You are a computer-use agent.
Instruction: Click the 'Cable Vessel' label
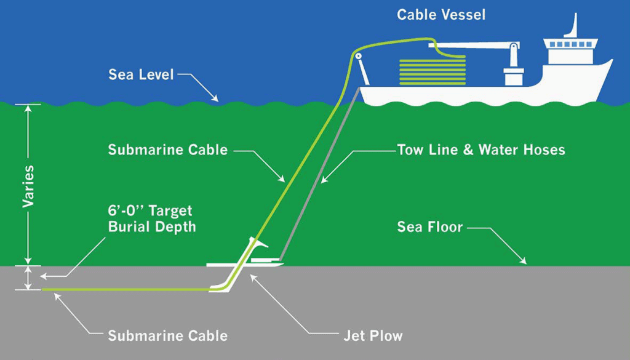click(x=441, y=14)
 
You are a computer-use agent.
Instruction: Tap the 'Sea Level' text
click(x=141, y=75)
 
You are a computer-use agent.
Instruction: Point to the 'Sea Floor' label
click(x=429, y=227)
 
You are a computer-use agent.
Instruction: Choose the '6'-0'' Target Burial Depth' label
click(x=151, y=219)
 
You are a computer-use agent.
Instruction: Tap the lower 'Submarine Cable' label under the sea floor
click(x=167, y=336)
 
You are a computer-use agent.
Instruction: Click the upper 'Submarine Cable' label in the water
click(x=167, y=150)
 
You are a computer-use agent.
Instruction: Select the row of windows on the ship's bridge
click(x=569, y=44)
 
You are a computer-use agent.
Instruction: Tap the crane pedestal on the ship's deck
click(x=512, y=75)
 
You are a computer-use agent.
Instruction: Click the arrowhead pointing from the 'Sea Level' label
click(x=215, y=98)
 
